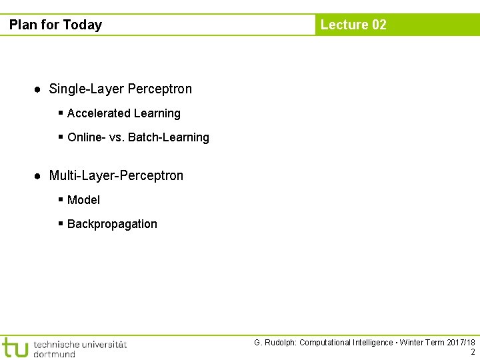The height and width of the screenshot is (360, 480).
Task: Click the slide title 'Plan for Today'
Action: click(x=55, y=25)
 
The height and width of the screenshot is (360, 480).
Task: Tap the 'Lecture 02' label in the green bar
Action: click(x=353, y=25)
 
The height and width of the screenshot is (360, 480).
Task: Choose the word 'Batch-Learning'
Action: click(x=169, y=137)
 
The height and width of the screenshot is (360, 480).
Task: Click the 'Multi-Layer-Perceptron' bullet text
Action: click(x=116, y=175)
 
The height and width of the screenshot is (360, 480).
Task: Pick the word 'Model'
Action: click(x=83, y=200)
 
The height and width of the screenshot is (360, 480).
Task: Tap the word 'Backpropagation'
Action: click(x=112, y=224)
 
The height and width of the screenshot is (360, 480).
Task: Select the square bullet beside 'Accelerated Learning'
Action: click(x=61, y=113)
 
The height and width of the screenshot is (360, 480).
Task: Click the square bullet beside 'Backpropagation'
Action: click(x=61, y=224)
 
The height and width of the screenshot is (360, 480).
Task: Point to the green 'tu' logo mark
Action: click(x=15, y=347)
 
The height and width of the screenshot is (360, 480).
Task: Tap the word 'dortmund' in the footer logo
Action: click(x=54, y=354)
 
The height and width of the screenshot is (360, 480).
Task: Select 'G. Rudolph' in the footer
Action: click(x=274, y=343)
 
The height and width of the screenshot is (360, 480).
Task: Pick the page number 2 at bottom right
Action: click(x=473, y=352)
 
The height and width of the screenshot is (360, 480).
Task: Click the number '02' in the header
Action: click(x=379, y=25)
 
